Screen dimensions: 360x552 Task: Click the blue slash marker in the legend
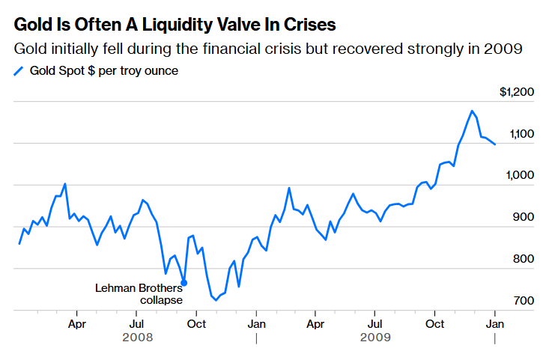tap(19, 72)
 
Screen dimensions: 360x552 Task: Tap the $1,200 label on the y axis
tap(517, 92)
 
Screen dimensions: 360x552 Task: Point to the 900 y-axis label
tap(524, 218)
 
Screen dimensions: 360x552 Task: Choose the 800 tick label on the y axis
tap(524, 260)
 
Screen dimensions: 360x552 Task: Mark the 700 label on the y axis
tap(524, 302)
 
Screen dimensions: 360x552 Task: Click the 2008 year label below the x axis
tap(137, 338)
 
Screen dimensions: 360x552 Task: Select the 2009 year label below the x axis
tap(375, 338)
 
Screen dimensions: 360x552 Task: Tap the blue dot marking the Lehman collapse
tap(184, 283)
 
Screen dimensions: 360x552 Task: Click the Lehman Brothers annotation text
tap(138, 288)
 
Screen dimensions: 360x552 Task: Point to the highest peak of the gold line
tap(472, 111)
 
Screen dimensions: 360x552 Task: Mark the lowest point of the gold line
tap(216, 300)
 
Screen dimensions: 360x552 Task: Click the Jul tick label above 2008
tap(136, 324)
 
